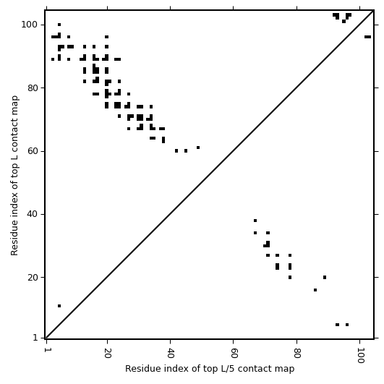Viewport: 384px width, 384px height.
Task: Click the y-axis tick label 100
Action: point(29,25)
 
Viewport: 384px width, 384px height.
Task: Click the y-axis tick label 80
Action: point(32,88)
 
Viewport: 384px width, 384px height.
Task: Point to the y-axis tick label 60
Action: point(32,151)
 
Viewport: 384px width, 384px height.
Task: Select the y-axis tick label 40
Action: point(32,214)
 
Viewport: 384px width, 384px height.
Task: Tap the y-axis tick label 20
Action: point(32,278)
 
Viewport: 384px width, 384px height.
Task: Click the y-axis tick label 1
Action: point(35,338)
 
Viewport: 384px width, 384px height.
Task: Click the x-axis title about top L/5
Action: point(210,369)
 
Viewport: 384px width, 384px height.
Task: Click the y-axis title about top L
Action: point(14,176)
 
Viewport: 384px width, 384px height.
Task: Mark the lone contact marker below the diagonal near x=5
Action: point(59,306)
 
